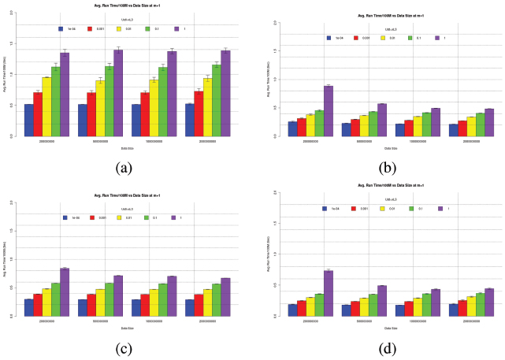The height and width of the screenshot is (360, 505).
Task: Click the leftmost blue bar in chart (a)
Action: [x=29, y=120]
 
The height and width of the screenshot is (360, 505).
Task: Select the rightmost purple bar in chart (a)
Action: [x=225, y=93]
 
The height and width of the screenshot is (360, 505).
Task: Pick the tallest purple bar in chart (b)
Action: [x=329, y=110]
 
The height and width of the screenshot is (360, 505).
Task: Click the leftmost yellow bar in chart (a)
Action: [x=47, y=106]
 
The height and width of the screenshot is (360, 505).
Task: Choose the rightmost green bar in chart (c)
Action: [x=216, y=299]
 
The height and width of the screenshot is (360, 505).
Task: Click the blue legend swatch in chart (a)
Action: [x=61, y=28]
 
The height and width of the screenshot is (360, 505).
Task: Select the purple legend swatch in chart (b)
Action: [x=435, y=37]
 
